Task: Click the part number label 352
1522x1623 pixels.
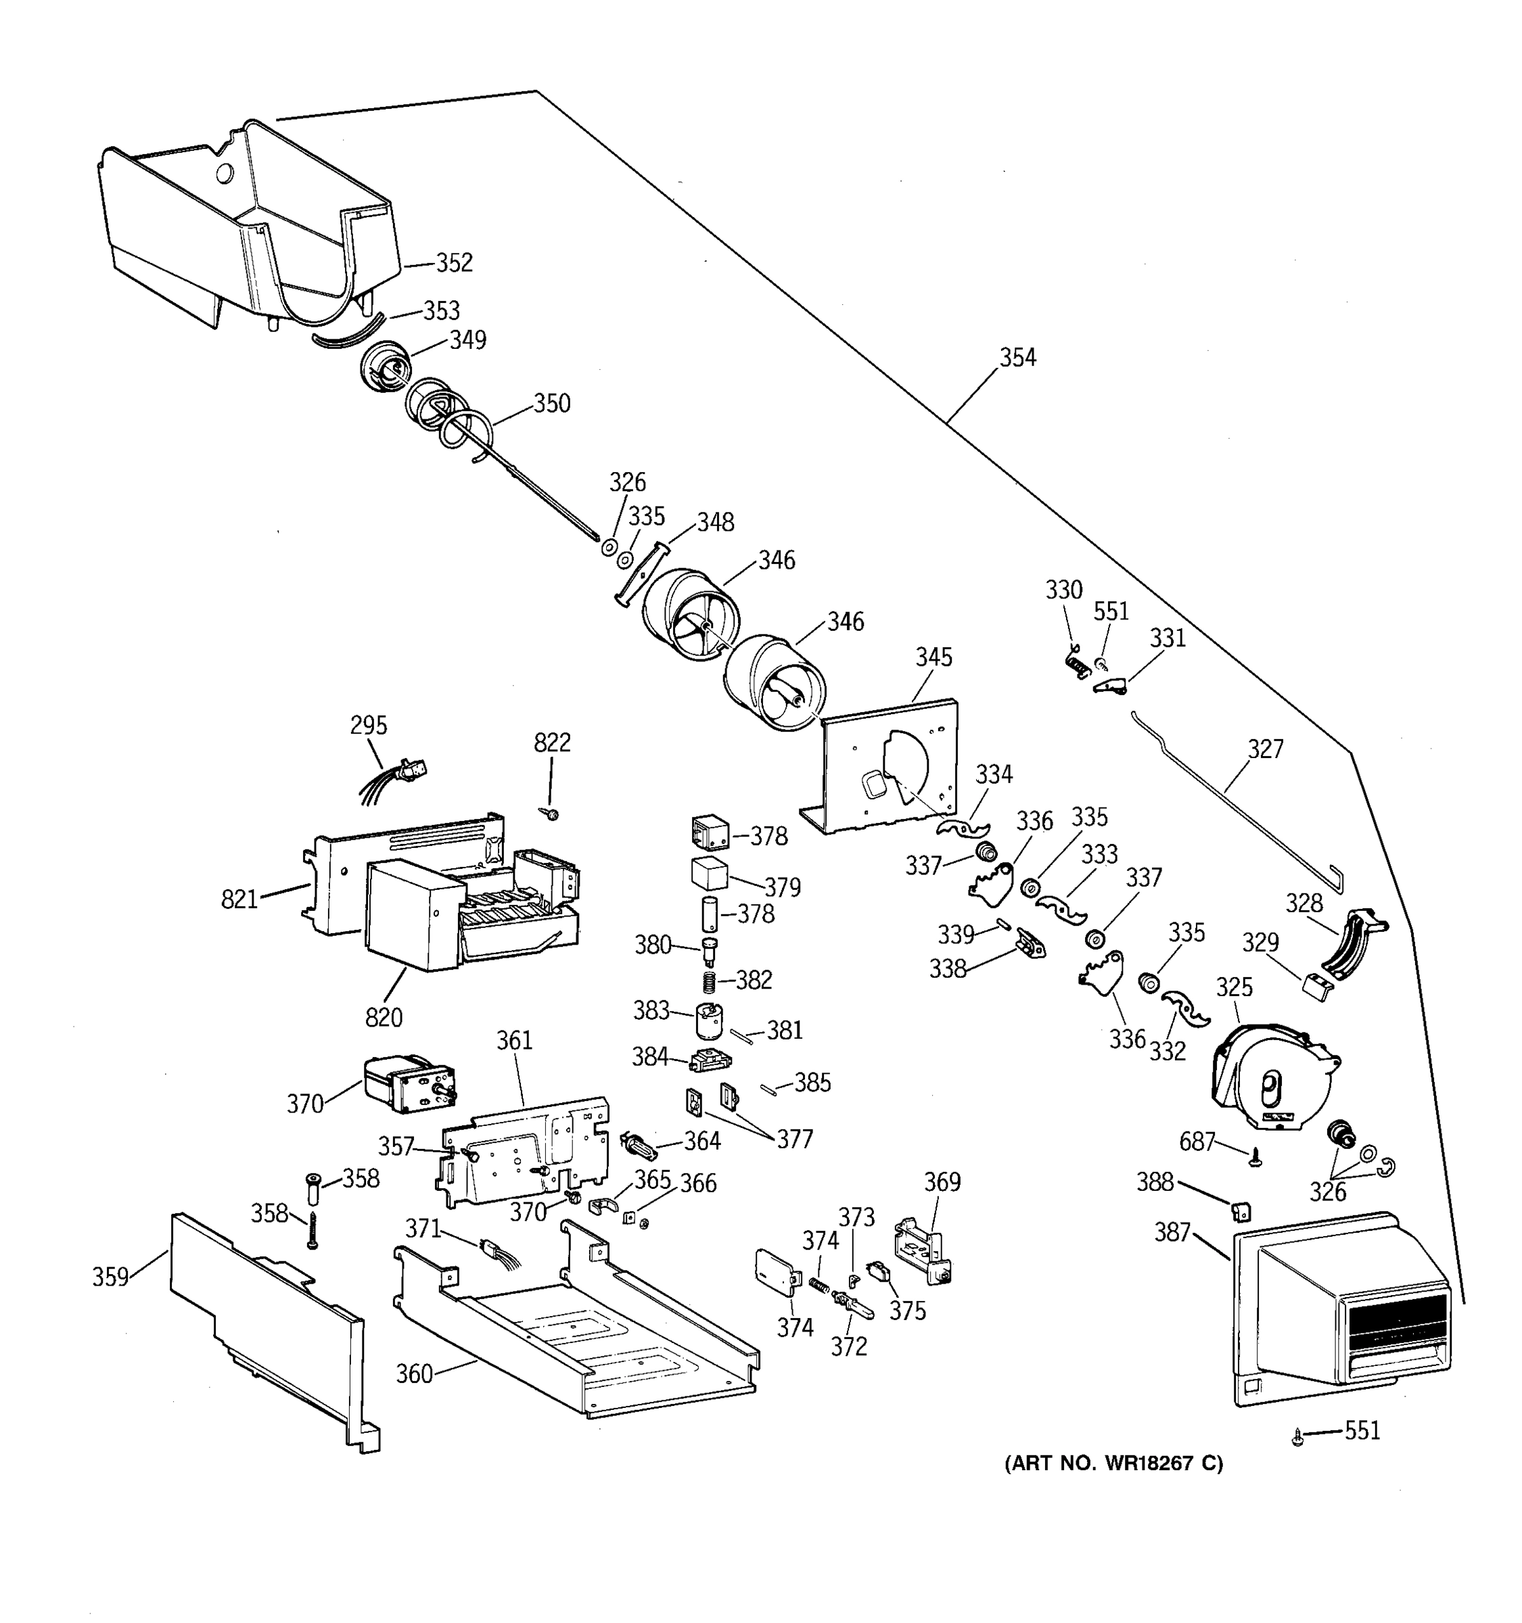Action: point(454,263)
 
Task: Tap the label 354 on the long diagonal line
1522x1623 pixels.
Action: point(1017,358)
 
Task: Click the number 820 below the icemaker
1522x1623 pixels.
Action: point(384,1017)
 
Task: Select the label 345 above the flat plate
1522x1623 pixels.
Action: point(933,657)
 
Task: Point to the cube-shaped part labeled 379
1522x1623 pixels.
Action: point(709,874)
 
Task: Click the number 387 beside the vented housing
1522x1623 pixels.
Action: point(1172,1233)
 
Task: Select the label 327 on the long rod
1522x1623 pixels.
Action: point(1266,749)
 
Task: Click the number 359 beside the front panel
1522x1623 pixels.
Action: point(110,1277)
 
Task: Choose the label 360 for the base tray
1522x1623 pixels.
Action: point(414,1375)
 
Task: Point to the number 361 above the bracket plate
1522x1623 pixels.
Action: point(514,1041)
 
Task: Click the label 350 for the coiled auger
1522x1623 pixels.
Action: point(552,403)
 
